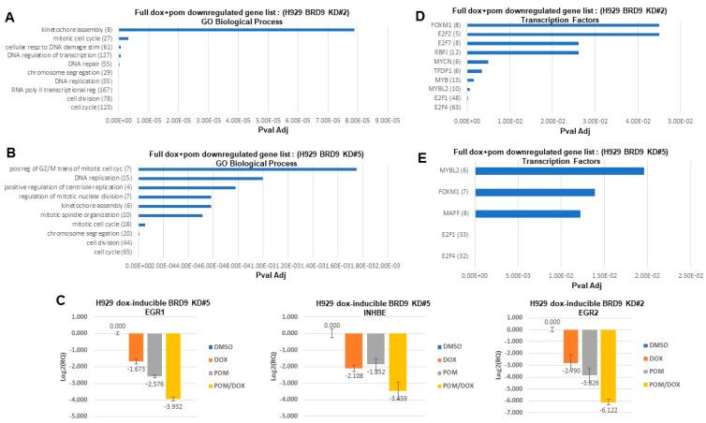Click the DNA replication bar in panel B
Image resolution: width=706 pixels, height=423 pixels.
(200, 178)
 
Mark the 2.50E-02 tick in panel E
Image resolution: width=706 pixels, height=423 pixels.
(690, 276)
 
